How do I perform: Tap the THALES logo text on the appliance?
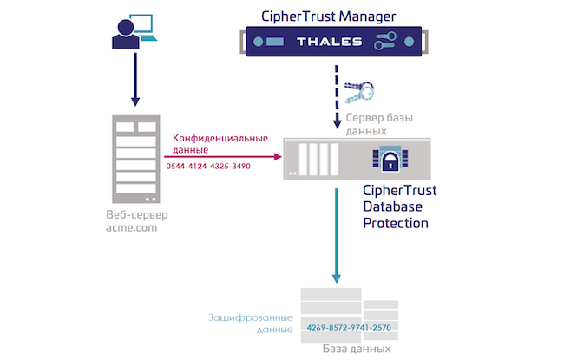[331, 42]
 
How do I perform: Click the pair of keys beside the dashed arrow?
[358, 90]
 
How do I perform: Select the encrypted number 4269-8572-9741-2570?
[349, 328]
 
